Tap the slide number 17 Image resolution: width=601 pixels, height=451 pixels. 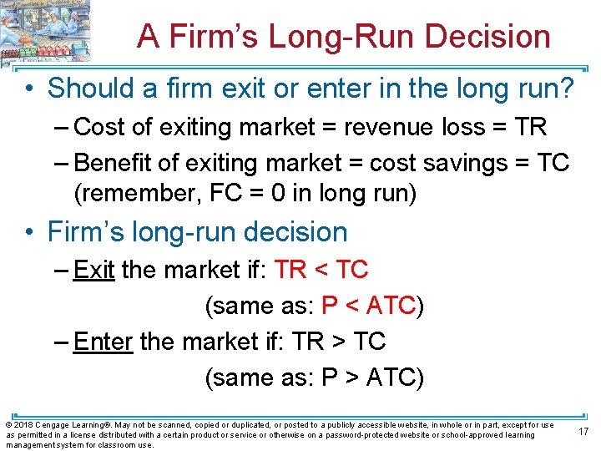[583, 431]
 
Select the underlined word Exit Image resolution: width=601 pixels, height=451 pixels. [93, 270]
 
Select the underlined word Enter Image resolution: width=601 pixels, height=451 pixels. [104, 342]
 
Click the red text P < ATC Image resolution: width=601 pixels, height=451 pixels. [369, 306]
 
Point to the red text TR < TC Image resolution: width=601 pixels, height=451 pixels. [321, 270]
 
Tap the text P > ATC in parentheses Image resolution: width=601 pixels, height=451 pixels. [369, 378]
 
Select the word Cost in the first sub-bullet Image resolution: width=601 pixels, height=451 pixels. [98, 127]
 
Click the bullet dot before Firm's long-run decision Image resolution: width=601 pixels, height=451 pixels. [31, 231]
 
